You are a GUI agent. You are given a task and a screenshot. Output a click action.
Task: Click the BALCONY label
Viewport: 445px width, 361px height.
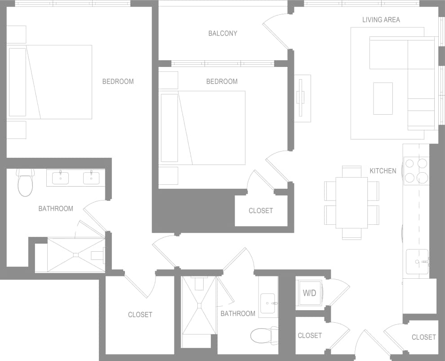(x=222, y=33)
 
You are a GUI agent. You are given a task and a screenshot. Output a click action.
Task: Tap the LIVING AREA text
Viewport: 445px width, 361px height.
(x=381, y=20)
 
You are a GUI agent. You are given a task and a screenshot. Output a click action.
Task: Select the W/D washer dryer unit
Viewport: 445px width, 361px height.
(x=309, y=293)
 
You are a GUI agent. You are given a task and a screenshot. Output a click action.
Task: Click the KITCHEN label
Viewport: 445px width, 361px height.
(x=383, y=171)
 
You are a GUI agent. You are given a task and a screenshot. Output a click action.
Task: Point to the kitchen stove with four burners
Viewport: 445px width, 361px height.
(x=416, y=171)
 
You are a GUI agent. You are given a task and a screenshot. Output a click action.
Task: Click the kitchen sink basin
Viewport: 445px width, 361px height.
(x=417, y=262)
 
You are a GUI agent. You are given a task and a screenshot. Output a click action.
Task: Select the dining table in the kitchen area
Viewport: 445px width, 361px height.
(x=352, y=202)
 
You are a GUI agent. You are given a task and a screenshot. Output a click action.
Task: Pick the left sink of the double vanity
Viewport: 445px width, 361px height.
(x=60, y=178)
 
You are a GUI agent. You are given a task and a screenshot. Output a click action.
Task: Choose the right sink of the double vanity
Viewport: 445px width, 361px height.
(x=91, y=178)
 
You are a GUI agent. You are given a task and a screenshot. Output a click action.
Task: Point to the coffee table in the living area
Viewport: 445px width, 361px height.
(x=383, y=98)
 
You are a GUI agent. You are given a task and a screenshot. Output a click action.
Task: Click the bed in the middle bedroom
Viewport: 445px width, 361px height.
(x=202, y=128)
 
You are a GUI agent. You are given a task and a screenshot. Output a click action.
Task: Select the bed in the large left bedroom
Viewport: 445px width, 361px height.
(x=50, y=82)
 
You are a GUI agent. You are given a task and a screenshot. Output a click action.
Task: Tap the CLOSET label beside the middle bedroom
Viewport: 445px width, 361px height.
(x=261, y=210)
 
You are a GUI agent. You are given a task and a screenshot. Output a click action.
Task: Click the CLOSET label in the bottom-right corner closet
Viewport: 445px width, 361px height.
(x=423, y=337)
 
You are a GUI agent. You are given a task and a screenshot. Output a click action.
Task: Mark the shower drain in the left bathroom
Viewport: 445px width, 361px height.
(x=76, y=255)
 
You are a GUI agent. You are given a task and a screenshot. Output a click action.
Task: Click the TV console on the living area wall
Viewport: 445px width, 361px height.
(x=302, y=98)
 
